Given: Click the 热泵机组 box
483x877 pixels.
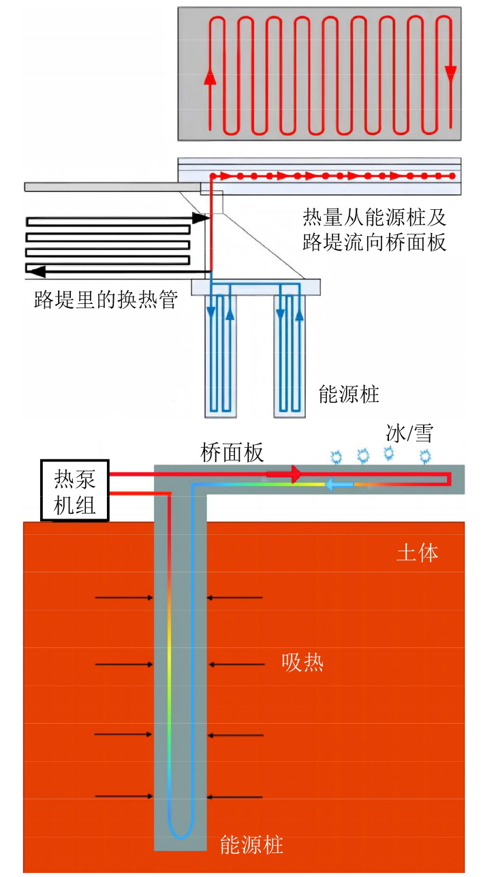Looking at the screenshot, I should (x=75, y=491).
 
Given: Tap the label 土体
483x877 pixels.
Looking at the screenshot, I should (x=417, y=553).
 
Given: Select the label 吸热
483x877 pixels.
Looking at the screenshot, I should (x=302, y=662).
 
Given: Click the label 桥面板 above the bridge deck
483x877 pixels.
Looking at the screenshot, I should (x=232, y=452).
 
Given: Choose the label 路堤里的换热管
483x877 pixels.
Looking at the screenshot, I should (x=106, y=300).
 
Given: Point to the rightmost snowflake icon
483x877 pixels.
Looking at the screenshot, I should (x=426, y=456).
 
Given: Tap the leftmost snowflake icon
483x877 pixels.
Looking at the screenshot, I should (x=336, y=457).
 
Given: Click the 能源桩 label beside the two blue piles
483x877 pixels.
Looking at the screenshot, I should (x=349, y=394).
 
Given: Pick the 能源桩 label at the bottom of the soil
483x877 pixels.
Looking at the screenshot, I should (x=251, y=846).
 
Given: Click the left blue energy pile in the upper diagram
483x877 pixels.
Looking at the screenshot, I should (x=221, y=354).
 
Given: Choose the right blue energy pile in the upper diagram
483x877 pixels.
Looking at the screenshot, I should (x=290, y=354).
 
